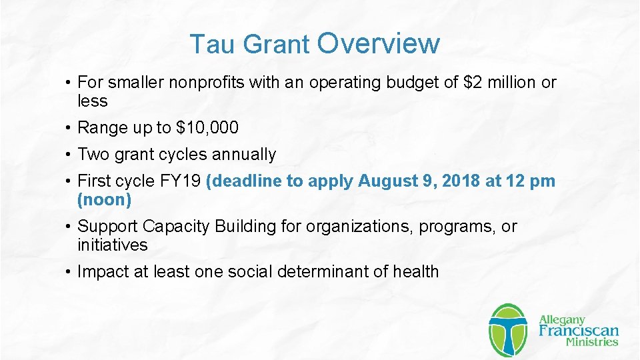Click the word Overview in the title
coord(379,43)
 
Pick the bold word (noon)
coord(105,199)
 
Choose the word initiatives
coord(112,245)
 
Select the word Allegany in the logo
coord(562,319)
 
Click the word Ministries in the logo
coord(591,343)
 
